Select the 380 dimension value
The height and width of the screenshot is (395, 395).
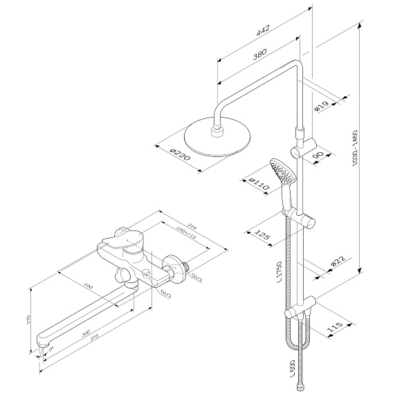pyautogui.click(x=259, y=54)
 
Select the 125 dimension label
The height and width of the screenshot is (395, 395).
pyautogui.click(x=262, y=235)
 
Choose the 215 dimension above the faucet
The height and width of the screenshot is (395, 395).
pyautogui.click(x=192, y=226)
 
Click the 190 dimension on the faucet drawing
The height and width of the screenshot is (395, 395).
pyautogui.click(x=88, y=286)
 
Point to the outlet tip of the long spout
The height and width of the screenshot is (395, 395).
pyautogui.click(x=42, y=343)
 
